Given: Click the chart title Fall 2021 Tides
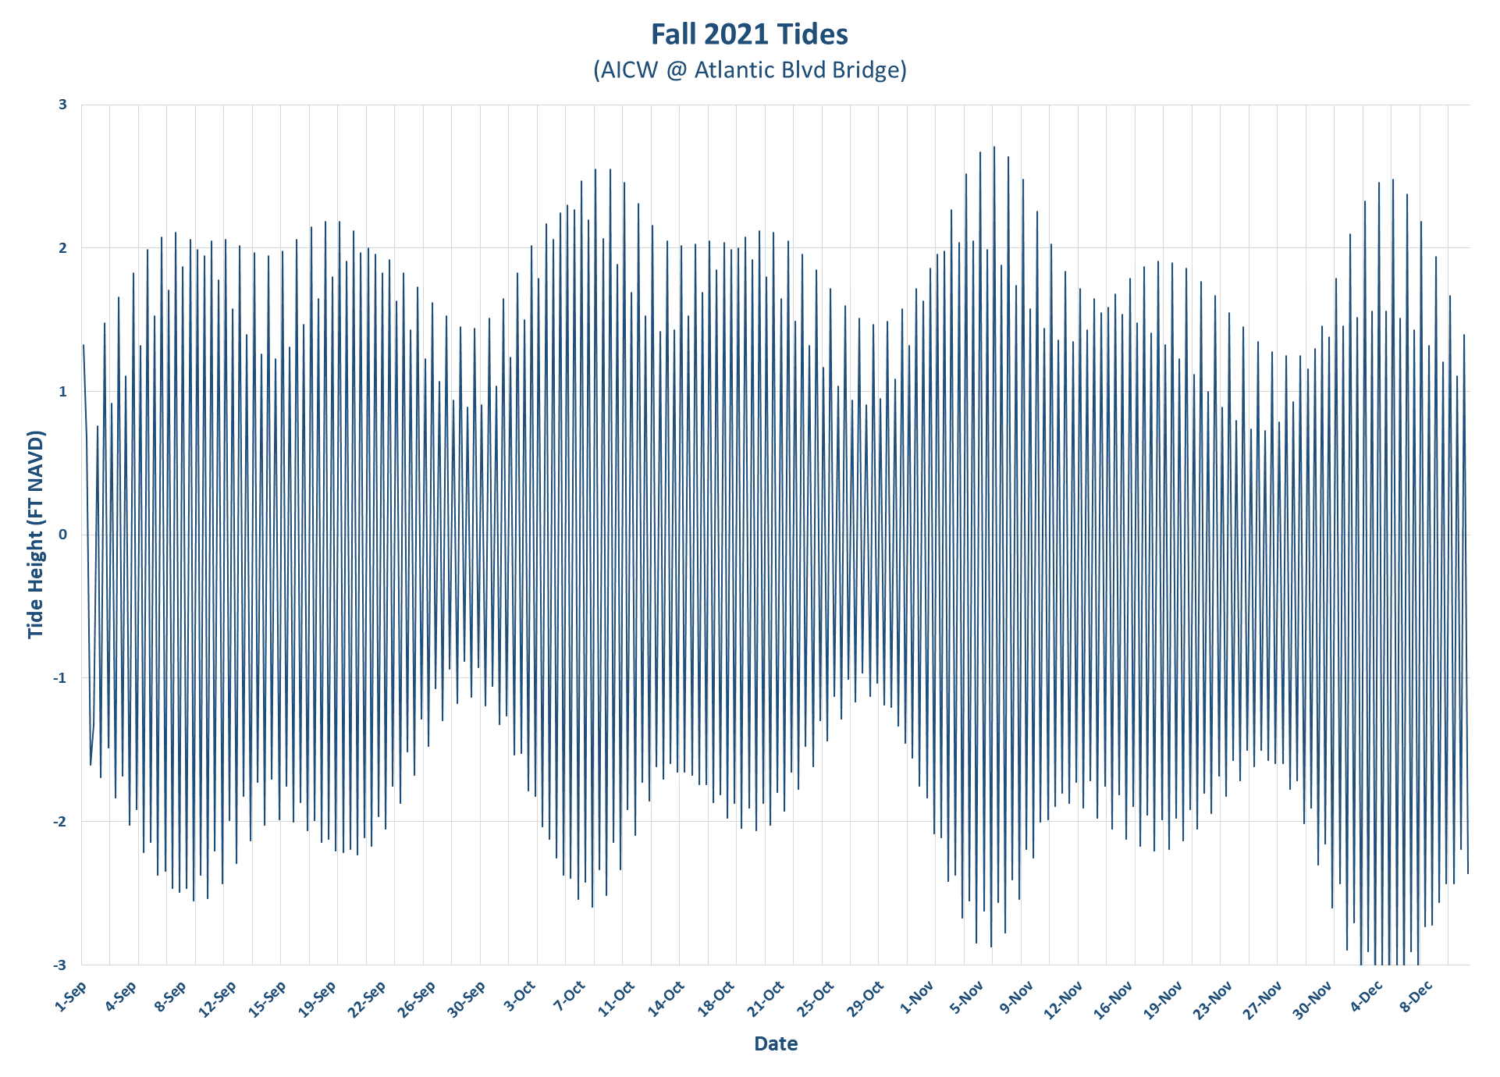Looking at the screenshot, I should (749, 34).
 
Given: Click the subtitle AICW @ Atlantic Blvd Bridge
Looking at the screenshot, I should (749, 70).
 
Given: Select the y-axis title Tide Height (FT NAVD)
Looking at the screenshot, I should (36, 535).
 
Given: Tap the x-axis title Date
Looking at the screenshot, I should (776, 1043).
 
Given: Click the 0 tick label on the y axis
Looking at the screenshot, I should (63, 535).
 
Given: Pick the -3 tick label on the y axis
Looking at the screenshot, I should (60, 965).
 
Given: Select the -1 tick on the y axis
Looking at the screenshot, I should (60, 678).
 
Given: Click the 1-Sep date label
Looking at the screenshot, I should (71, 997).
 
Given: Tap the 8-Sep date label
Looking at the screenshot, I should (171, 997).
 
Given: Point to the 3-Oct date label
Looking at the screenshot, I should (520, 997).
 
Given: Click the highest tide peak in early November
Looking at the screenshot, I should (993, 147).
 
